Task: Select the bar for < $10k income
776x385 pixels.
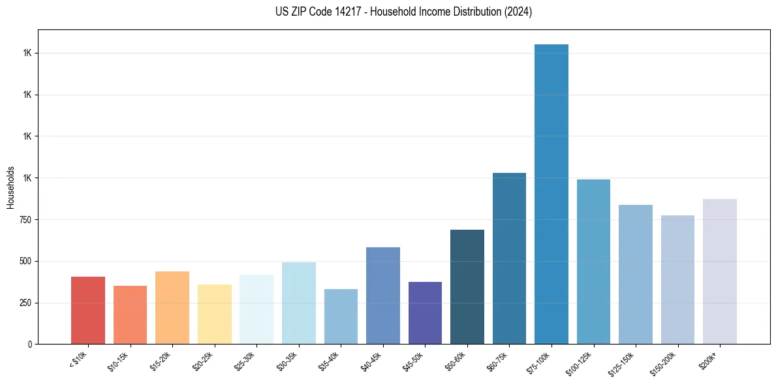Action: tap(88, 310)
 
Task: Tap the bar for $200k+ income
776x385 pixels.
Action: tap(719, 271)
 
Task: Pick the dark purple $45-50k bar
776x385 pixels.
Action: tap(425, 313)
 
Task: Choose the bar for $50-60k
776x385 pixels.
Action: tap(467, 286)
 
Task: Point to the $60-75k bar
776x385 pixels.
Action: tap(509, 258)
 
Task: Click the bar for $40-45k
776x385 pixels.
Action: tap(383, 295)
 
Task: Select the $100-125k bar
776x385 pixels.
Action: tap(593, 261)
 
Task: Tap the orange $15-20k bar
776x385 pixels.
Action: tap(172, 307)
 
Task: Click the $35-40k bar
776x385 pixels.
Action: tap(341, 316)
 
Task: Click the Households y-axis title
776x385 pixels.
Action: tap(10, 187)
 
